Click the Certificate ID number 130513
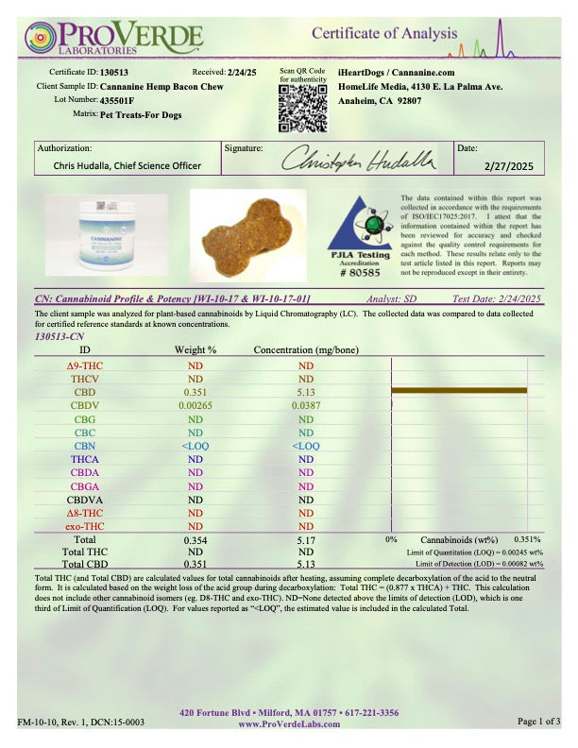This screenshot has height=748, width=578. [x=114, y=72]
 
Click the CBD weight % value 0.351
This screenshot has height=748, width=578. [x=195, y=391]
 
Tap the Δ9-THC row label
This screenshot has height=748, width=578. [x=84, y=365]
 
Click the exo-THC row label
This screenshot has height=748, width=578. [x=84, y=524]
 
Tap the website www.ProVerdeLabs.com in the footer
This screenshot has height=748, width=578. [x=288, y=724]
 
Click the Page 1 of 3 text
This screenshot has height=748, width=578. [x=541, y=722]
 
